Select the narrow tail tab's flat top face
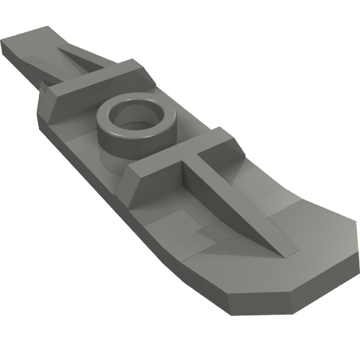[x=29, y=40]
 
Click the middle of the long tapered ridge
[x=230, y=209]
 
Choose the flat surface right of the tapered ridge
[x=288, y=209]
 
